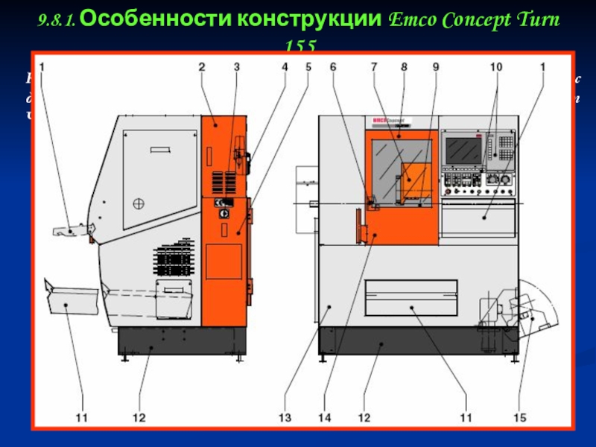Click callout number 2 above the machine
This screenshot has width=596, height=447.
coord(201,67)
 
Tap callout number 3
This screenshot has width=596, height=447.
coord(236,67)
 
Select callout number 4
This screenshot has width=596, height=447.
coord(284,67)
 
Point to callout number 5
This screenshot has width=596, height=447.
coord(308,67)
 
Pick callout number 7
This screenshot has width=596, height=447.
coord(374,67)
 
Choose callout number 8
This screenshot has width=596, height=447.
coord(403,67)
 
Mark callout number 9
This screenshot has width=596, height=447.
coord(435,67)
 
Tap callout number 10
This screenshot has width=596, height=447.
coord(495,67)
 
